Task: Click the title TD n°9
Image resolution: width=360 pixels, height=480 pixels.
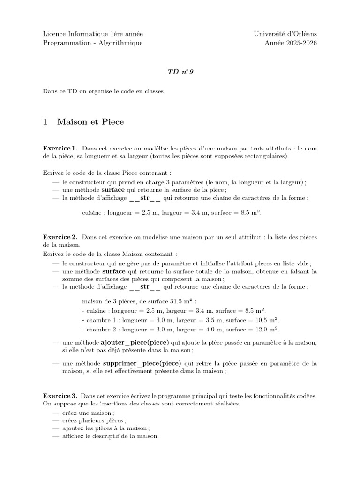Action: (180, 71)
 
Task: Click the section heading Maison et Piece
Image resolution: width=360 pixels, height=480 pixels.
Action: (90, 122)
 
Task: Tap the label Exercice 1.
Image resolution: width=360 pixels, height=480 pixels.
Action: (60, 148)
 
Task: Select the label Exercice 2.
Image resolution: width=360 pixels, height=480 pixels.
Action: (60, 237)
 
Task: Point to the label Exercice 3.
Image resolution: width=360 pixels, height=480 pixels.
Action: (60, 396)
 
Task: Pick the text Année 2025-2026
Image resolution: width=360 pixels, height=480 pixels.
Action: (291, 43)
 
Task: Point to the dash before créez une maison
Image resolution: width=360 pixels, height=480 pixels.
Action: (56, 412)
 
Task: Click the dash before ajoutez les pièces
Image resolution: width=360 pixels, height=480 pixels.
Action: (56, 428)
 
